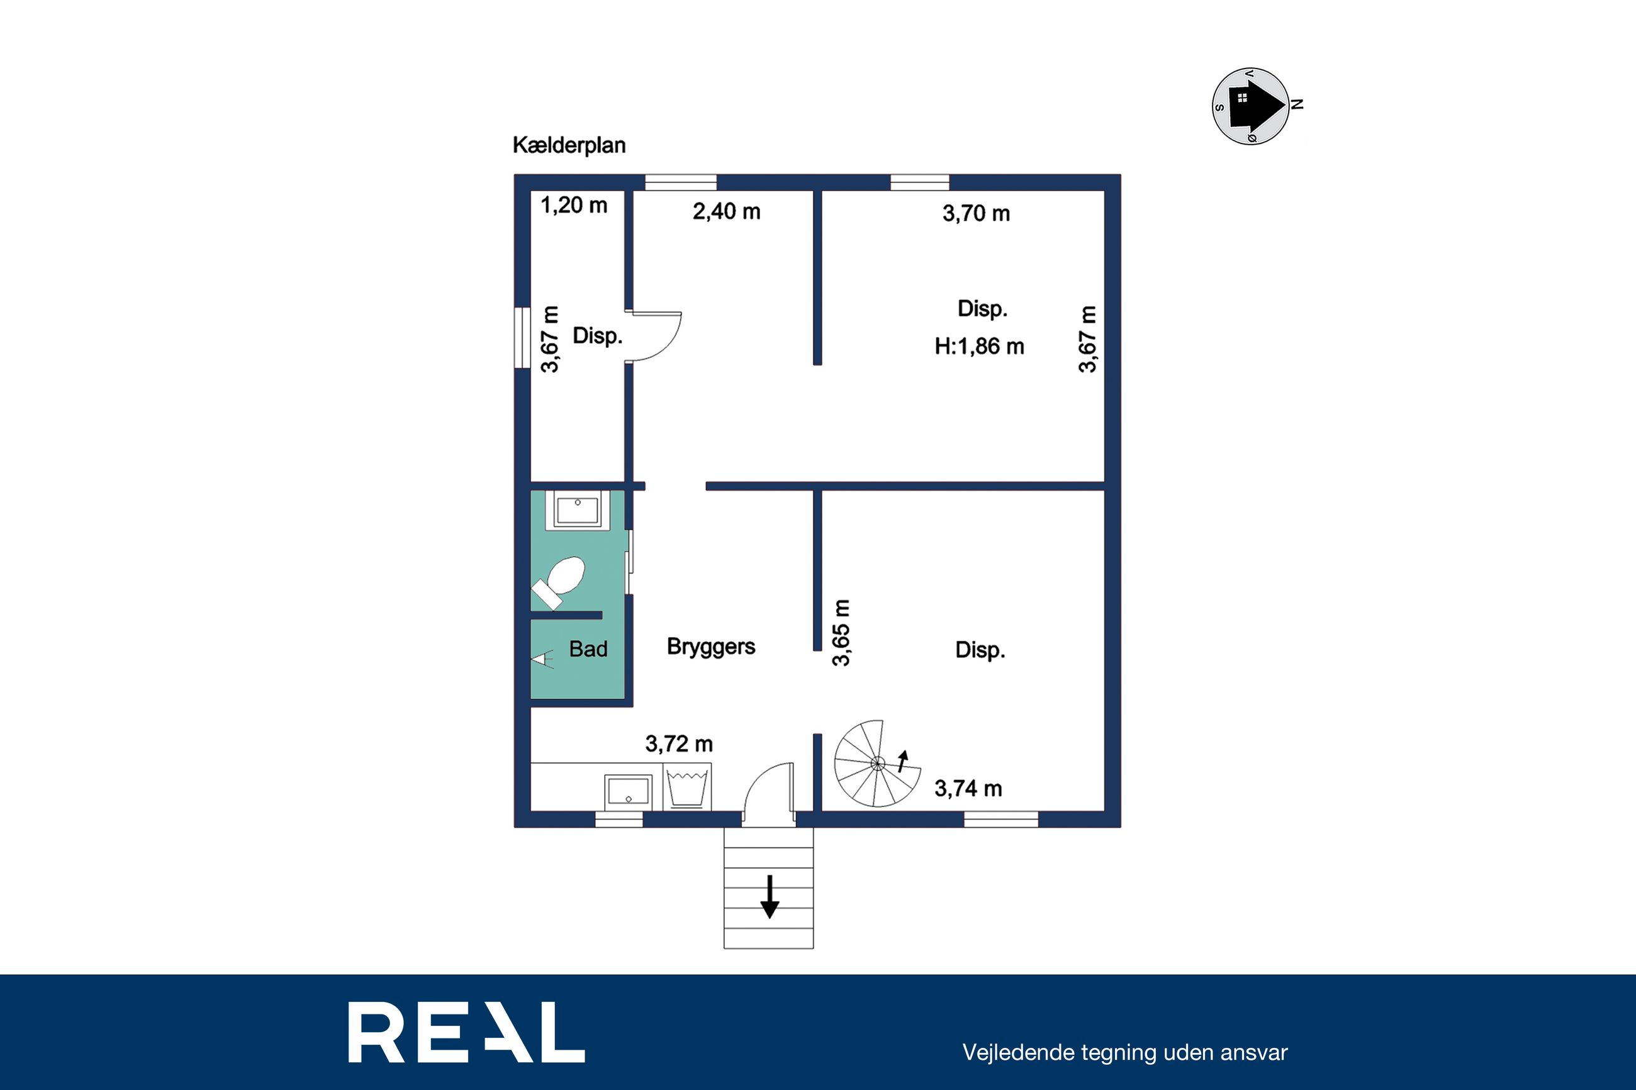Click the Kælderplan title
[x=569, y=145]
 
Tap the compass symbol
[x=1252, y=106]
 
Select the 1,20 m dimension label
[x=574, y=205]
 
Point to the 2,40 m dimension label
[x=726, y=211]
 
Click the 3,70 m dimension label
[x=976, y=213]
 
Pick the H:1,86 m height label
[x=979, y=346]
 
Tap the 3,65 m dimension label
[x=841, y=633]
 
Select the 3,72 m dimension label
[x=678, y=744]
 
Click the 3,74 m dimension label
[x=968, y=788]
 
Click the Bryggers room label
[x=710, y=647]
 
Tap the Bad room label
[x=588, y=649]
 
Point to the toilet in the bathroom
[x=559, y=582]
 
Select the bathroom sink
[x=577, y=509]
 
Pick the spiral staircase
[x=877, y=764]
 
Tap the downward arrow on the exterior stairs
[x=769, y=897]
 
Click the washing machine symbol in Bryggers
[x=687, y=787]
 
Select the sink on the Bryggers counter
[x=629, y=792]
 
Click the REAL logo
[x=466, y=1032]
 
